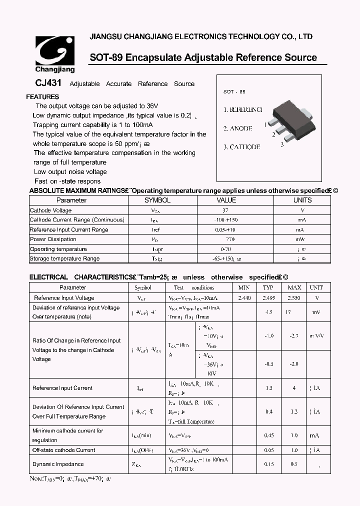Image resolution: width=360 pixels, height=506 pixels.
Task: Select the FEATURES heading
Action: pyautogui.click(x=42, y=97)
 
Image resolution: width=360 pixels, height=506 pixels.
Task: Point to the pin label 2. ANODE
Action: pyautogui.click(x=237, y=128)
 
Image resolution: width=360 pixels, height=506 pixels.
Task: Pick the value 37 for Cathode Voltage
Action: pyautogui.click(x=225, y=210)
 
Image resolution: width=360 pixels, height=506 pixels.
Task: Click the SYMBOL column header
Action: pyautogui.click(x=157, y=200)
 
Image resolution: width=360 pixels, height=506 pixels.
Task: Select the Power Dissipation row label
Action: pyautogui.click(x=52, y=239)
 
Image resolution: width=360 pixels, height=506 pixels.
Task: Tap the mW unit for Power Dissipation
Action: pyautogui.click(x=301, y=239)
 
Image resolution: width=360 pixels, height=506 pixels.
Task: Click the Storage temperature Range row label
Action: pyautogui.click(x=64, y=258)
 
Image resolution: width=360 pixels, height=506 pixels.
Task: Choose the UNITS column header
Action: pyautogui.click(x=302, y=200)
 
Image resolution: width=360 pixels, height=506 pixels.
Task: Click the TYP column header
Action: pyautogui.click(x=268, y=287)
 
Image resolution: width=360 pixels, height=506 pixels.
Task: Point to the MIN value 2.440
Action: pyautogui.click(x=244, y=298)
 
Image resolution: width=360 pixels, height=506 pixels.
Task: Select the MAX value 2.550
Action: pyautogui.click(x=294, y=298)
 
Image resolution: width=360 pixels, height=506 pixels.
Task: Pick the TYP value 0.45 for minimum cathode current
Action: pyautogui.click(x=269, y=435)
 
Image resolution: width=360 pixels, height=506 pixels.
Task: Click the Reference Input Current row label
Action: pyautogui.click(x=62, y=388)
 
